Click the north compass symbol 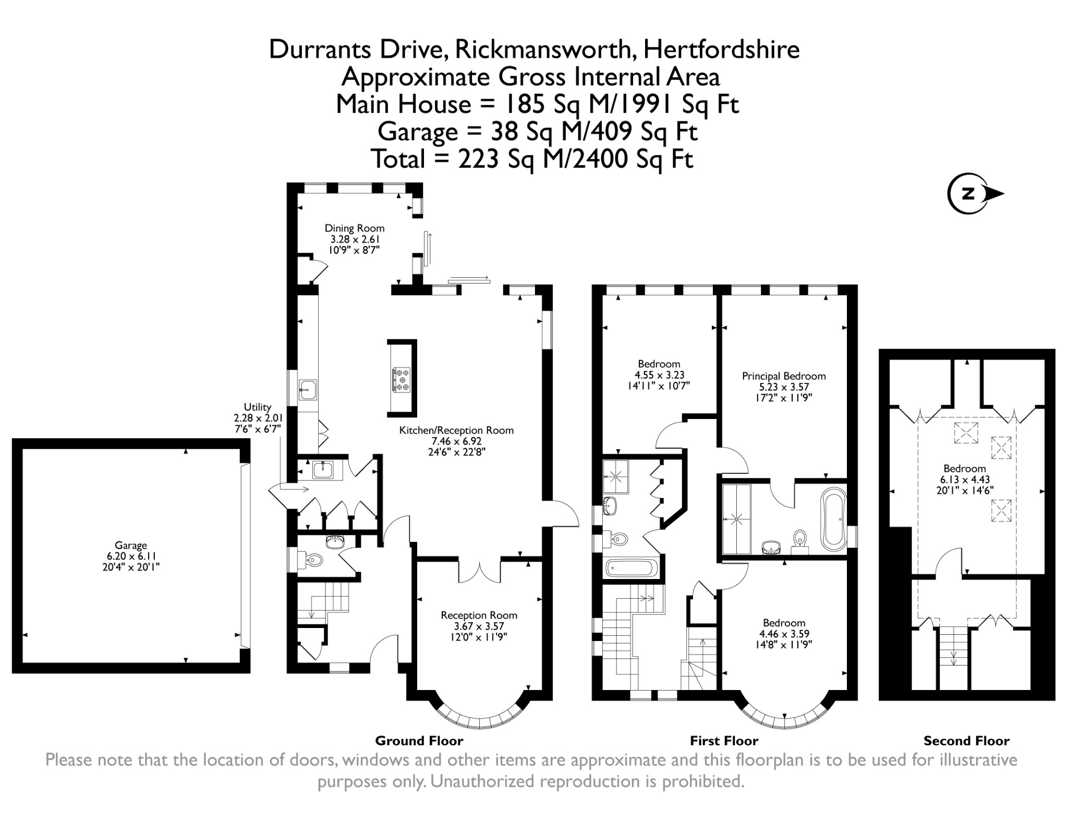click(974, 194)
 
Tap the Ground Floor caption click(419, 741)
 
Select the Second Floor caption click(966, 741)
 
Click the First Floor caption click(724, 741)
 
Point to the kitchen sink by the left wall click(308, 390)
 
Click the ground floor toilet click(310, 561)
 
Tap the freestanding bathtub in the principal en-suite click(834, 519)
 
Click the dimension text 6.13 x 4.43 click(965, 479)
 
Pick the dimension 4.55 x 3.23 click(659, 375)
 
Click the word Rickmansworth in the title click(545, 50)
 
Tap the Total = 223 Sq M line click(532, 158)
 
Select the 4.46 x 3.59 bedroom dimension click(784, 634)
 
